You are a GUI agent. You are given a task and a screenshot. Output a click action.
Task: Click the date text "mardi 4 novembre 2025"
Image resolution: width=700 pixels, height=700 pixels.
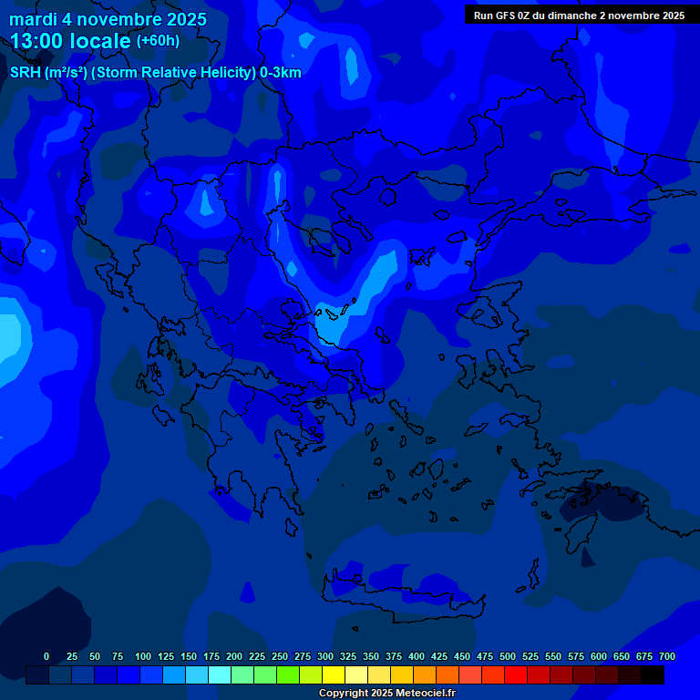(108, 19)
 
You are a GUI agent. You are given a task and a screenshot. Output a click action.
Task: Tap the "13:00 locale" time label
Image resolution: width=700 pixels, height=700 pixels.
(70, 41)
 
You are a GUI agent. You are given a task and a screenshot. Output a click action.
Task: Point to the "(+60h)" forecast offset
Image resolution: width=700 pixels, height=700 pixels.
(158, 41)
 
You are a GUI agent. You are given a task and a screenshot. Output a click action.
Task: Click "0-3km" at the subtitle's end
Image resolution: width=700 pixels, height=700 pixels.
(281, 73)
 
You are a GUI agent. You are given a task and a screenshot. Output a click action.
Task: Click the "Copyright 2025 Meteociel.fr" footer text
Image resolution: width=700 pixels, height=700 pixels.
(386, 693)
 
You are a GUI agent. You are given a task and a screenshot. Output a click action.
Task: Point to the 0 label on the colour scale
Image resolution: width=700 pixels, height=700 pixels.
(46, 656)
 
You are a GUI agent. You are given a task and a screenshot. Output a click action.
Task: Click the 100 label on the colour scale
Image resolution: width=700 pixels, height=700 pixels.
(143, 656)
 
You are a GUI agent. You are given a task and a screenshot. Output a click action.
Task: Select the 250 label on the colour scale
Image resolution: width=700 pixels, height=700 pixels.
(280, 656)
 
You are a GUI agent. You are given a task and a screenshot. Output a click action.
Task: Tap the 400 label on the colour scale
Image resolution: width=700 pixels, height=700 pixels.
(417, 656)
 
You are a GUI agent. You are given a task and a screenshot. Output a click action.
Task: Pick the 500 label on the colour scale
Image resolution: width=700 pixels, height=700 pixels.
(508, 656)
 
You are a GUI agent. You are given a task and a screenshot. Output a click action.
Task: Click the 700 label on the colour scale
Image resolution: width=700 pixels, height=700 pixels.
(667, 656)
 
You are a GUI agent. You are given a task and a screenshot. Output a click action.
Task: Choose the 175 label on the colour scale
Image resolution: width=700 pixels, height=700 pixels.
(211, 656)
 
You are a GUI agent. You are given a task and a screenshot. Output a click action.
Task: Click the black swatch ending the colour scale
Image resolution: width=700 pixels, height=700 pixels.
(652, 674)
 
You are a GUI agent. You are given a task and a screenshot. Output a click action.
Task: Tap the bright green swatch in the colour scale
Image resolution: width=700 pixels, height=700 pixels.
(287, 674)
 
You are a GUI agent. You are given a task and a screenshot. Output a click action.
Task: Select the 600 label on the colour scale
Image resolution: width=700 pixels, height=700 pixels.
(599, 656)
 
